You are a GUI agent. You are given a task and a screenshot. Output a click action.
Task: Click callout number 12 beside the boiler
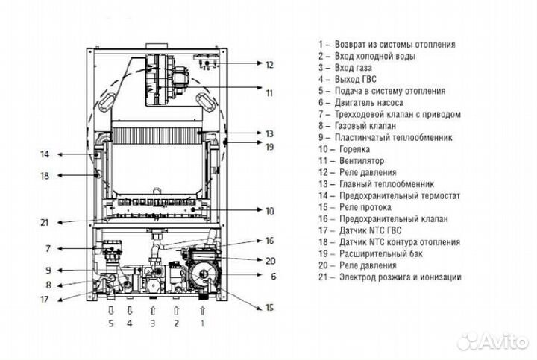tap(269, 65)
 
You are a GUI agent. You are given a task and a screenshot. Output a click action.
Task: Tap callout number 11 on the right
tap(269, 93)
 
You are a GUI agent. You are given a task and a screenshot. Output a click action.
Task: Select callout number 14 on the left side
tap(44, 154)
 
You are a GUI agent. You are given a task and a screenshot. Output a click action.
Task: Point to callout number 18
tap(44, 177)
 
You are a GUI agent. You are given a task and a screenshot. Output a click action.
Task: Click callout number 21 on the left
tap(44, 222)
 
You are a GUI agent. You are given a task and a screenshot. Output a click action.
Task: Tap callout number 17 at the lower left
tap(44, 300)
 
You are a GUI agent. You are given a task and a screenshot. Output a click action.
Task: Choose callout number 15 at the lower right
tap(269, 308)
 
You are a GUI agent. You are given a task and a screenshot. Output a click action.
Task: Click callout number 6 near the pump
tap(273, 276)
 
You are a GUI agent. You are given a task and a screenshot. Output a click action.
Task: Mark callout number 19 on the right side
tap(269, 147)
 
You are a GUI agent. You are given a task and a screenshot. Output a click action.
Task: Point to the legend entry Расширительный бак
tap(387, 253)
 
